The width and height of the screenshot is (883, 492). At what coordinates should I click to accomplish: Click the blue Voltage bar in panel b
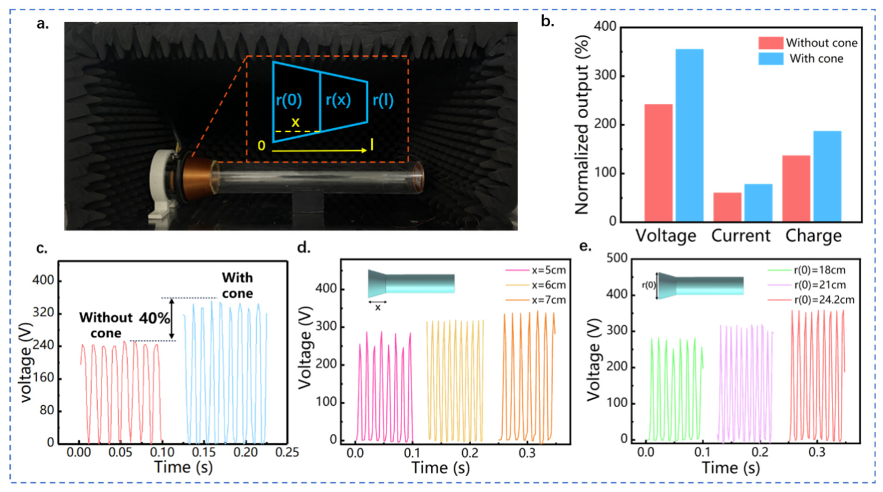(689, 136)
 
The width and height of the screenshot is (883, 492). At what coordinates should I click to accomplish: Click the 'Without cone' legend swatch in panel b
(771, 43)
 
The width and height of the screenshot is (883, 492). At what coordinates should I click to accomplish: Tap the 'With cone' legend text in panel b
(816, 59)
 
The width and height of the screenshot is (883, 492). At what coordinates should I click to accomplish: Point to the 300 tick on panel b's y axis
(605, 76)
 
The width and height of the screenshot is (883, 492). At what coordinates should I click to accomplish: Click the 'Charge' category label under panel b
(814, 236)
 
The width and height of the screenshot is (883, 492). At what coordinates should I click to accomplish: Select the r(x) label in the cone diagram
(338, 100)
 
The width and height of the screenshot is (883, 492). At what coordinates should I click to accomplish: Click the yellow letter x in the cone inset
(295, 122)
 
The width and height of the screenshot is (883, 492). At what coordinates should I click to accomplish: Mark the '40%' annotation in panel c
(154, 319)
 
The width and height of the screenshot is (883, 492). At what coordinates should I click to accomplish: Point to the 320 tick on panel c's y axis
(43, 313)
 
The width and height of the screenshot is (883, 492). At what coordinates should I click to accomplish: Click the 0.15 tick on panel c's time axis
(204, 452)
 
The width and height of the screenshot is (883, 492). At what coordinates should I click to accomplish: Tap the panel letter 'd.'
(304, 247)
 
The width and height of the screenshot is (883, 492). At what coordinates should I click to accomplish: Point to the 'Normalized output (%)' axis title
(582, 125)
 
